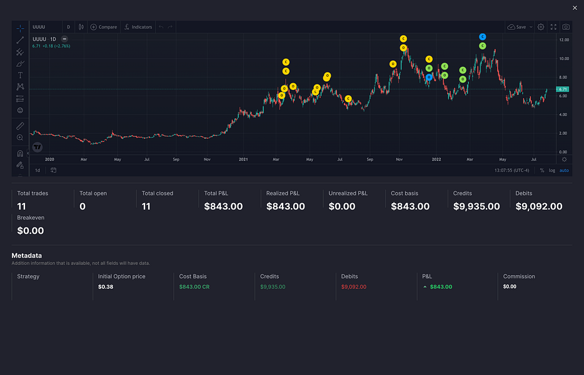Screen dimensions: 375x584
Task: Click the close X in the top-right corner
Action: tap(575, 7)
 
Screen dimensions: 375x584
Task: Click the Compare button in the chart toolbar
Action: tap(104, 27)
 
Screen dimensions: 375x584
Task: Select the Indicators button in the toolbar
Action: tap(138, 27)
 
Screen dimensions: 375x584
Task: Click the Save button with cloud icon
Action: tap(520, 27)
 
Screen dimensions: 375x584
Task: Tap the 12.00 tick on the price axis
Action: tap(563, 40)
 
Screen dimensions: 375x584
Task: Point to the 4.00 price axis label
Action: tap(563, 114)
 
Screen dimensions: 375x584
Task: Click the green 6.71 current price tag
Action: tap(563, 89)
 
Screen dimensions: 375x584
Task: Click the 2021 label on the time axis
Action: tap(244, 159)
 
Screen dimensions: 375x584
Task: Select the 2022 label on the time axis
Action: tap(436, 159)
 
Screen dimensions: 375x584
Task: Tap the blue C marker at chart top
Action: tap(483, 37)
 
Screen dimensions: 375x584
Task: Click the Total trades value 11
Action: tap(21, 206)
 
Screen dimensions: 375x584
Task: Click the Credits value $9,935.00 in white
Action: tap(476, 206)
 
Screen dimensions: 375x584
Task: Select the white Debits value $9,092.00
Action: tap(539, 206)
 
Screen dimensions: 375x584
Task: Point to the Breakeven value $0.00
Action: tap(30, 231)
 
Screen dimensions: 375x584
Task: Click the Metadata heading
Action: tap(27, 255)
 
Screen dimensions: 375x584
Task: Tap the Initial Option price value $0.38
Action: tap(106, 287)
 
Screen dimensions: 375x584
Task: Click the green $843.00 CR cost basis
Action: tap(194, 287)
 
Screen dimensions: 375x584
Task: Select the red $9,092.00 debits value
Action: tap(354, 287)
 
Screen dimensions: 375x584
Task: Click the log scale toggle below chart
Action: tap(552, 170)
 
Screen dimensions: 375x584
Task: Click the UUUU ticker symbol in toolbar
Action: tap(39, 27)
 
